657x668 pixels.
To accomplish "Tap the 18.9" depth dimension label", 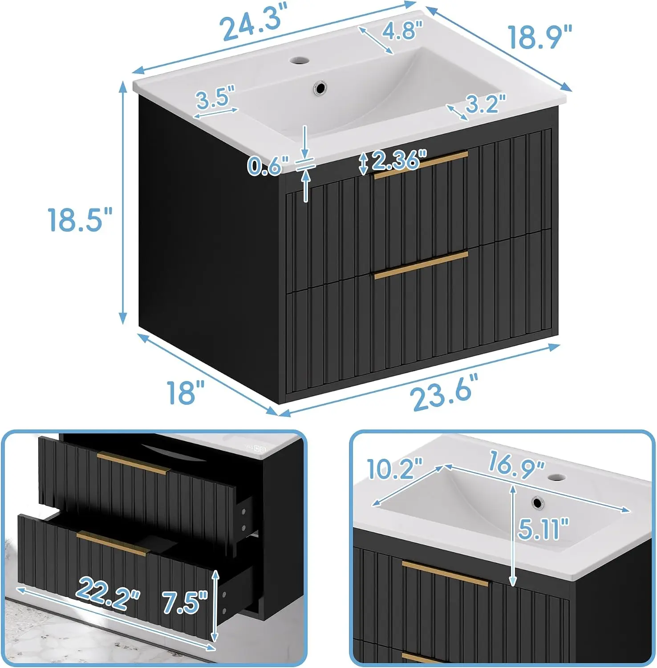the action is click(539, 37).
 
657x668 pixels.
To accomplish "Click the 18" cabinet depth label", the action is click(186, 392).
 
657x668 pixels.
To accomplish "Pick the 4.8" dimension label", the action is click(401, 30).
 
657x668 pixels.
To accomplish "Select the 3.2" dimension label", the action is click(486, 104).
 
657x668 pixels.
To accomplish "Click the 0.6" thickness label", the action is click(268, 166).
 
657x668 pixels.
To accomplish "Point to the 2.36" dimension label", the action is click(398, 160).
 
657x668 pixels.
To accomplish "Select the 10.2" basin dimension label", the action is click(394, 468).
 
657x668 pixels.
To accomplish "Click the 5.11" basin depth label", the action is click(543, 529).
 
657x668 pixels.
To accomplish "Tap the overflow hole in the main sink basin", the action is click(319, 87).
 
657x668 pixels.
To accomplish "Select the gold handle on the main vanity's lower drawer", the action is click(421, 265).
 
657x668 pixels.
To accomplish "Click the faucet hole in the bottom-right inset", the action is click(555, 478).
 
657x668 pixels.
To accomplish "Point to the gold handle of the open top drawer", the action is click(134, 463).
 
